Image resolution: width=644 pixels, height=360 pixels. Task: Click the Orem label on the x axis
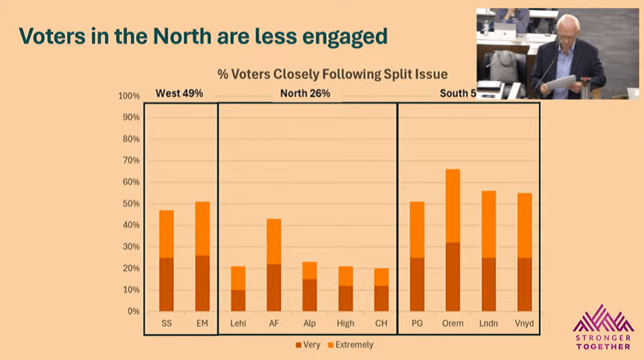452,324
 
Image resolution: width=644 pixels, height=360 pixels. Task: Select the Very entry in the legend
310,345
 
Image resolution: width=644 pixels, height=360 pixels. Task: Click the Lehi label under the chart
238,324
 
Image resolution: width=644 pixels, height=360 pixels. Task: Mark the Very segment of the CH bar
381,298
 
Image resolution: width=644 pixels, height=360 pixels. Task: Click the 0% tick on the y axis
133,311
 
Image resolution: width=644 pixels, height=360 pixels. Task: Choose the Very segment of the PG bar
417,284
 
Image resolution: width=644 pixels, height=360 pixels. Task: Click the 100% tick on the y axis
129,96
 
